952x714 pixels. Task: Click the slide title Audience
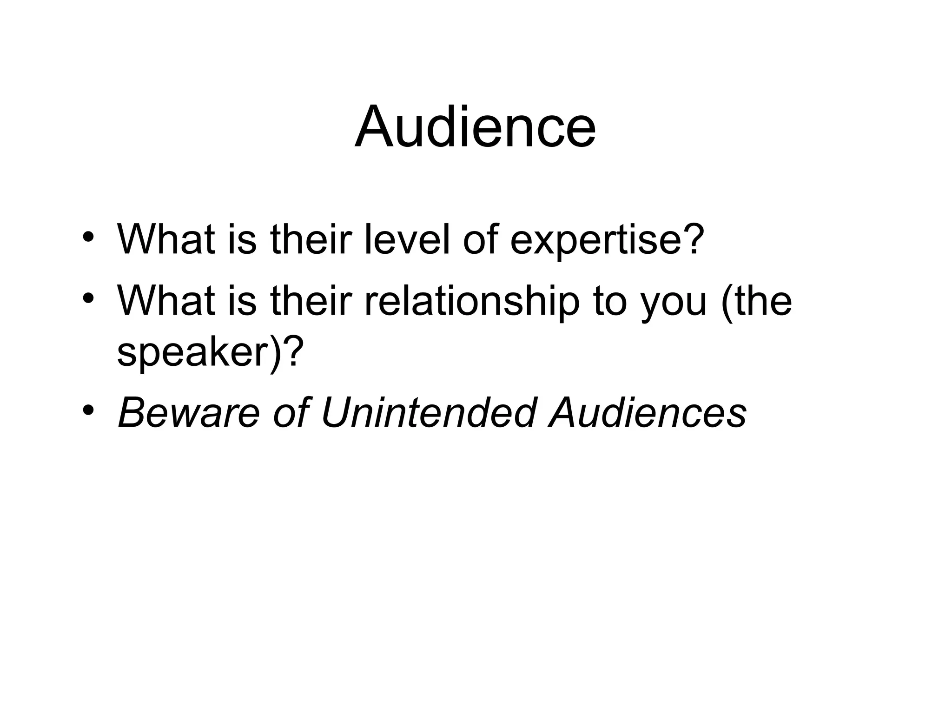tap(475, 126)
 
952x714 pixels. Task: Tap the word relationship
tap(472, 301)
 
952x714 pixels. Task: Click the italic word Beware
tap(189, 412)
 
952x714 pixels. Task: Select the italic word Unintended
tap(429, 412)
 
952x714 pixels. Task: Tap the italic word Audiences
tap(648, 412)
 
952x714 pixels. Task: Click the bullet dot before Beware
tap(88, 410)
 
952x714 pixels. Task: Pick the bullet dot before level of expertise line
tap(88, 238)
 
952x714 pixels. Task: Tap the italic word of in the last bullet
tap(290, 412)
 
